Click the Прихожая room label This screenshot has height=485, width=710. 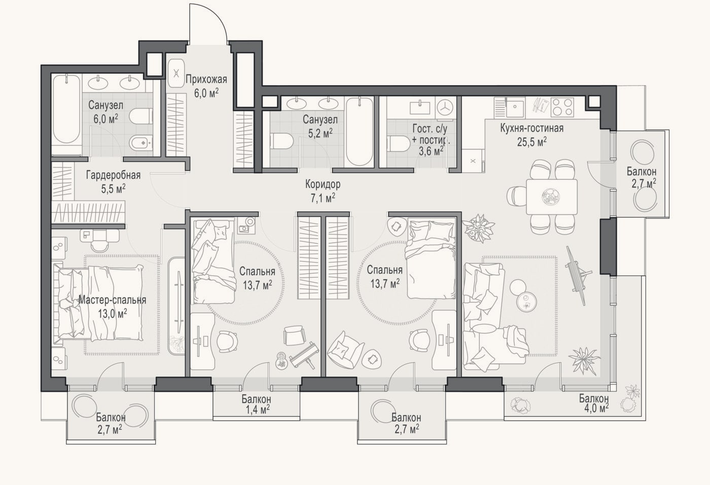pyautogui.click(x=206, y=79)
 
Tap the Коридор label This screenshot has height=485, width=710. pyautogui.click(x=323, y=184)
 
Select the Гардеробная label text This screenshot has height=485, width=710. pyautogui.click(x=114, y=175)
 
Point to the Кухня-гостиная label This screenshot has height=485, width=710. pyautogui.click(x=532, y=128)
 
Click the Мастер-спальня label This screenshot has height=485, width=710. pyautogui.click(x=113, y=300)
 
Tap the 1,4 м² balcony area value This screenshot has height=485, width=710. pyautogui.click(x=258, y=409)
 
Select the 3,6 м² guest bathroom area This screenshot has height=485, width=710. pyautogui.click(x=431, y=151)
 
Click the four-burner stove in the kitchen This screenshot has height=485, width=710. pyautogui.click(x=562, y=107)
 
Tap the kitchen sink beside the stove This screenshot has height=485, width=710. pyautogui.click(x=515, y=107)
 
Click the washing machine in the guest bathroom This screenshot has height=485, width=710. pyautogui.click(x=446, y=107)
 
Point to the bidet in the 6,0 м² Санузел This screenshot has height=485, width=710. pyautogui.click(x=141, y=142)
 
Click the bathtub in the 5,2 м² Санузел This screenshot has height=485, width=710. pyautogui.click(x=360, y=132)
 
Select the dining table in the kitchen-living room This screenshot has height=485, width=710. pyautogui.click(x=552, y=197)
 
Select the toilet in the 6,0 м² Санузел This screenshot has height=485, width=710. pyautogui.click(x=141, y=117)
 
